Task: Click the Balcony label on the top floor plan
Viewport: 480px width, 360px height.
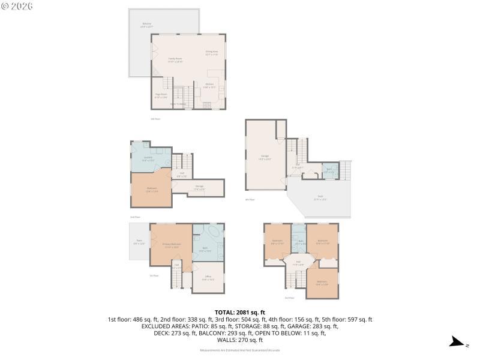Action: pos(147,25)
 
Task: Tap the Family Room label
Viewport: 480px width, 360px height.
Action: pos(175,59)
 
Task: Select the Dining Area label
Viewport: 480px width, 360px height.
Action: pos(211,53)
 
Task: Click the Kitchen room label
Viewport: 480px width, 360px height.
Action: pos(209,85)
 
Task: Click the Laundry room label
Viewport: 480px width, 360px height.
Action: pos(148,158)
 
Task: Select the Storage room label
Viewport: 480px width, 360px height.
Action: pos(199,187)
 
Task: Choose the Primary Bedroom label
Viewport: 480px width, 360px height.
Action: pos(172,245)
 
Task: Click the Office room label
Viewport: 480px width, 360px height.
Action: pos(208,278)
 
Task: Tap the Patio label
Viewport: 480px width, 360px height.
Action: pos(139,242)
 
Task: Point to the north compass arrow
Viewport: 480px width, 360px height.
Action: pos(458,343)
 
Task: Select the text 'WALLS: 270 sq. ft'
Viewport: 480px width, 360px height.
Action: pos(239,340)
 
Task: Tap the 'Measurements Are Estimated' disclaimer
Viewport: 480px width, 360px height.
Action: pos(239,350)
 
